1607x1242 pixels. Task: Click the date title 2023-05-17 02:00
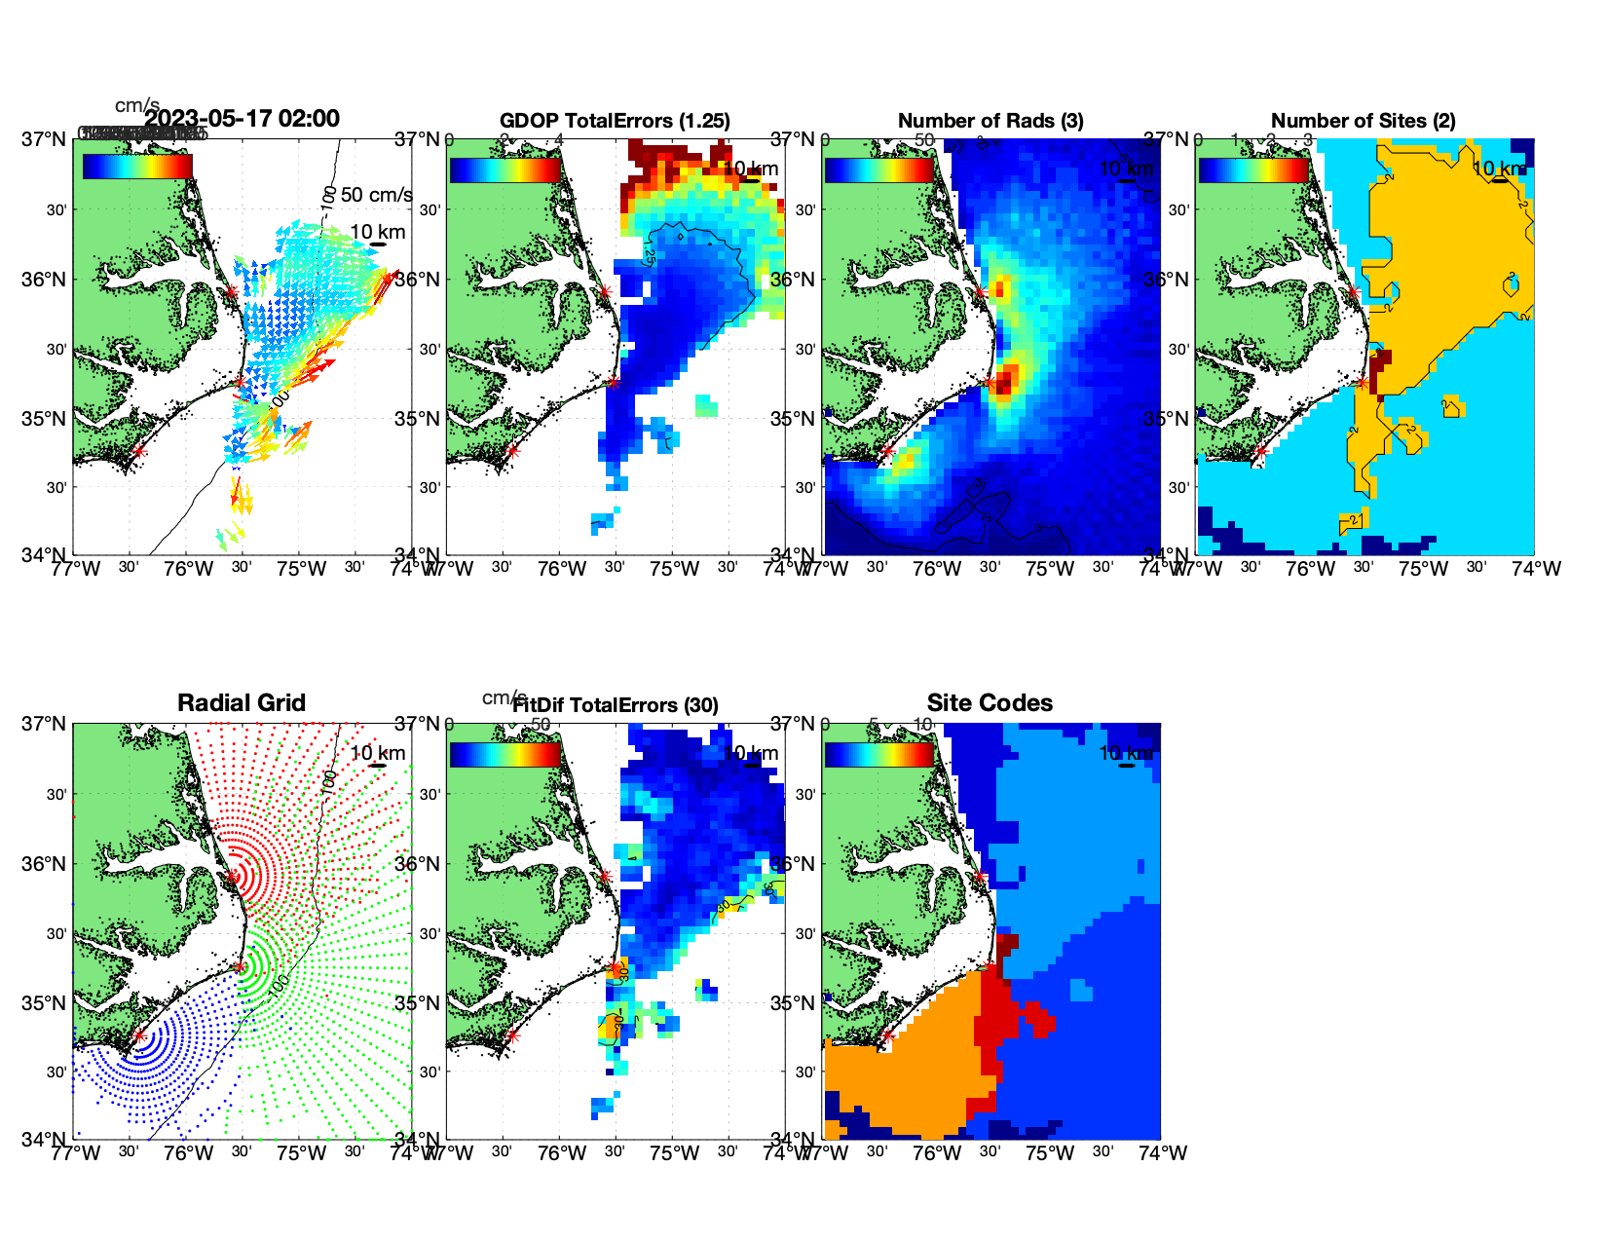click(243, 119)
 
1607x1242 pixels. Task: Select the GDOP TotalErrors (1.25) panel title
click(615, 121)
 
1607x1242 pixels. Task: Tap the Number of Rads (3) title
click(990, 121)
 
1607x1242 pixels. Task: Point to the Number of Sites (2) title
click(1363, 121)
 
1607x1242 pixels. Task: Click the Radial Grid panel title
click(242, 703)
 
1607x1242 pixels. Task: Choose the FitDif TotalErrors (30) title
click(616, 705)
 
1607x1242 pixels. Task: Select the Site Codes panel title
click(990, 703)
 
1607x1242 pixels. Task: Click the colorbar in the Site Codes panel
click(878, 755)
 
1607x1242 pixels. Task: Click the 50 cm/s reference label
click(377, 195)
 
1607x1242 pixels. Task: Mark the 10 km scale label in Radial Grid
click(378, 753)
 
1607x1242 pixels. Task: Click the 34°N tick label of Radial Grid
click(44, 1139)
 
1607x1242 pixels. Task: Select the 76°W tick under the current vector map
click(188, 569)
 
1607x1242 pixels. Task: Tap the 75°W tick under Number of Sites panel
click(1423, 569)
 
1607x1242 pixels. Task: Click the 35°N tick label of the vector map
click(44, 419)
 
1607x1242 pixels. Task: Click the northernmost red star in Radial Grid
click(232, 877)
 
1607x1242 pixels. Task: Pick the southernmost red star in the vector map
click(138, 451)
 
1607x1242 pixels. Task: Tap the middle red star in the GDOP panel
click(614, 381)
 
